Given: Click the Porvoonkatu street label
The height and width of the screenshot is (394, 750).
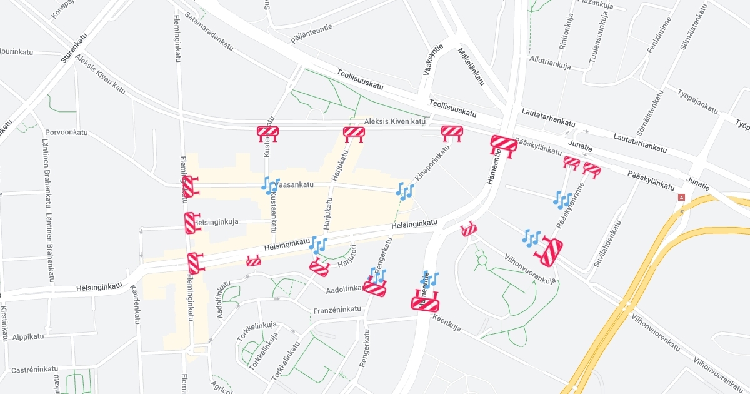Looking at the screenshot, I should click(x=66, y=133).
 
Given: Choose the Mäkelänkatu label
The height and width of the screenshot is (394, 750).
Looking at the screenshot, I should click(x=471, y=66).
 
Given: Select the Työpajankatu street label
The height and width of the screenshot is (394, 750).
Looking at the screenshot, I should click(x=697, y=100).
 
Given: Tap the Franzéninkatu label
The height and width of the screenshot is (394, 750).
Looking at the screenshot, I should click(x=337, y=310).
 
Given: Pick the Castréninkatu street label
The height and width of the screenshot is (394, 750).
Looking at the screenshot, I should click(x=34, y=370).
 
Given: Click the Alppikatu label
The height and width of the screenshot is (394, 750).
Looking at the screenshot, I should click(x=28, y=336).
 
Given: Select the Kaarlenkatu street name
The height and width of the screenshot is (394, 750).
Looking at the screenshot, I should click(x=136, y=305).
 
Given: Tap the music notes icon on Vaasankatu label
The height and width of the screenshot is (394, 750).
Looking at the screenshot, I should click(x=271, y=185).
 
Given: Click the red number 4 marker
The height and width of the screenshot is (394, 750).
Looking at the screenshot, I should click(x=681, y=198).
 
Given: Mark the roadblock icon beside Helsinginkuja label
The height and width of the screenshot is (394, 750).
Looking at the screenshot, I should click(x=191, y=223).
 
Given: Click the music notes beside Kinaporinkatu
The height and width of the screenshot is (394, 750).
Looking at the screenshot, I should click(x=405, y=191).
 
